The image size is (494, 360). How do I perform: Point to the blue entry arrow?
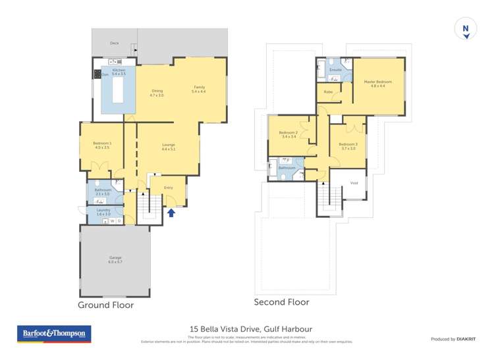pyautogui.click(x=171, y=212)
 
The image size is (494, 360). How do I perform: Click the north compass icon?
pyautogui.click(x=465, y=30)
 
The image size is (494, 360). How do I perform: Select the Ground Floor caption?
pyautogui.click(x=105, y=305)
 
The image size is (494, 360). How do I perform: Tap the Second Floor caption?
pyautogui.click(x=281, y=303)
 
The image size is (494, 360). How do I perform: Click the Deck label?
pyautogui.click(x=114, y=43)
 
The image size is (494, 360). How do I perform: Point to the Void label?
pyautogui.click(x=354, y=183)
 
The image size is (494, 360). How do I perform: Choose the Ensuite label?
pyautogui.click(x=335, y=69)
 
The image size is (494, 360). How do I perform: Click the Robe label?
pyautogui.click(x=328, y=91)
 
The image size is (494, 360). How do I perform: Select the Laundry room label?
pyautogui.click(x=104, y=211)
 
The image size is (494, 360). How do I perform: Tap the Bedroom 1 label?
pyautogui.click(x=102, y=145)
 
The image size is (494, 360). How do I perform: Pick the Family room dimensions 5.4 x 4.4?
pyautogui.click(x=198, y=91)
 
